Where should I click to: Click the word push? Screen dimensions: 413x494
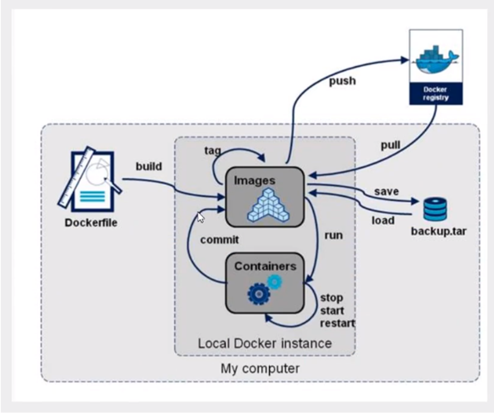coord(342,81)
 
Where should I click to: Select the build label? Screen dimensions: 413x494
coord(148,166)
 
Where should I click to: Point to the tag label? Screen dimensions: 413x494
coord(213,150)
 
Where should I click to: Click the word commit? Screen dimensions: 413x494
coord(219,239)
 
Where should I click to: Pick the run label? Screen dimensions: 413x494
coord(333,235)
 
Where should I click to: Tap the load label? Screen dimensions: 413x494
coord(383,219)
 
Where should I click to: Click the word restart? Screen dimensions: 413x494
coord(337,323)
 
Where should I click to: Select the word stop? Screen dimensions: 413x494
coord(331,297)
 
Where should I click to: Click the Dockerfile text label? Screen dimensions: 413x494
coord(91,222)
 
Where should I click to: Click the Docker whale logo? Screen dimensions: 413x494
coord(435,57)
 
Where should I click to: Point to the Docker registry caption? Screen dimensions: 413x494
coord(435,93)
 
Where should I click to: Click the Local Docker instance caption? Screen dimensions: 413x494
coord(265,343)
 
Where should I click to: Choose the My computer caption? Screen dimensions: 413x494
coord(260,368)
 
